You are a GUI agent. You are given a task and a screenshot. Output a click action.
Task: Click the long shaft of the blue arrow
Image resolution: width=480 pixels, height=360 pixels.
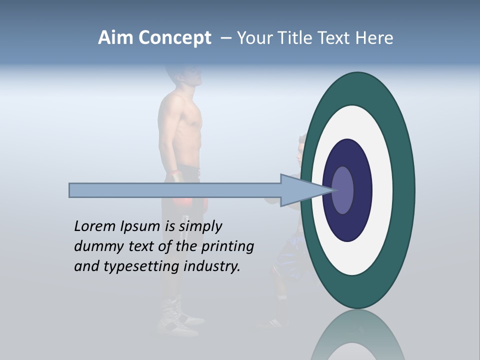point(175,190)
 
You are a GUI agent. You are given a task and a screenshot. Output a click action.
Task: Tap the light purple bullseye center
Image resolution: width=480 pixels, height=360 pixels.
point(343,190)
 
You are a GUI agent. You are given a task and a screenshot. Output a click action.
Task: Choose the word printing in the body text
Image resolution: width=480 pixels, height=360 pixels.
point(227,246)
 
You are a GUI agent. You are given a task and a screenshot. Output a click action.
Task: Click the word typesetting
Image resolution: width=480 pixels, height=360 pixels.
point(141,266)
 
